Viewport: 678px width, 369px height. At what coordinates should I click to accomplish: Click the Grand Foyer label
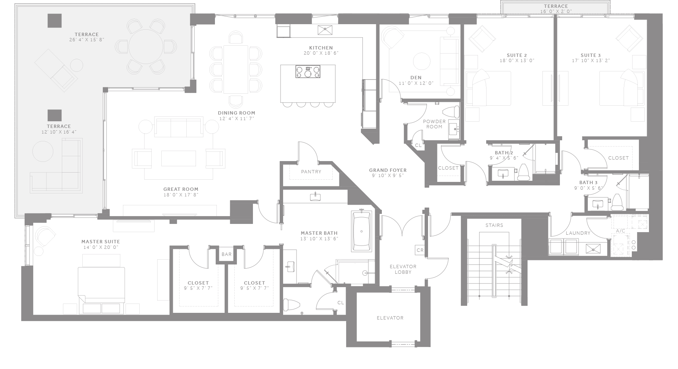coord(388,170)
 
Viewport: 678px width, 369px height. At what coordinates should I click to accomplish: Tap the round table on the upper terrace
coord(146,46)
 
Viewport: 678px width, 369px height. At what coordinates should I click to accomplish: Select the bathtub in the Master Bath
coord(361,231)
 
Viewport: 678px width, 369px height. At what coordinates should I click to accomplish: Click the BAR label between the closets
coord(226,254)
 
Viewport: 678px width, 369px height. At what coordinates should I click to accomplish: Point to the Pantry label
coord(311,172)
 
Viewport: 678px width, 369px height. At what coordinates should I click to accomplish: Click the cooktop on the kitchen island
coord(308,71)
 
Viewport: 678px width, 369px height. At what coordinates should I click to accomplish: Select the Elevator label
coord(390,318)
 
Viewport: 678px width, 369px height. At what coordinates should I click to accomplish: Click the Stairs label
coord(494,225)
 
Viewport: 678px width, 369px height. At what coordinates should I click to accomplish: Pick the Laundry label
coord(578,233)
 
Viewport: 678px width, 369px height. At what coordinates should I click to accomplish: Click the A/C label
coord(620,231)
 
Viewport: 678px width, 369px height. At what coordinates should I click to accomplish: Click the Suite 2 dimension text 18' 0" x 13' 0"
coord(516,61)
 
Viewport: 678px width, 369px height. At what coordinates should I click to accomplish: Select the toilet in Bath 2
coord(524,172)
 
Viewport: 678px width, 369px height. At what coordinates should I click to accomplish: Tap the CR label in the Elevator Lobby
coord(420,250)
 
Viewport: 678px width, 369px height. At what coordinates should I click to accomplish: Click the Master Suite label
coord(101,242)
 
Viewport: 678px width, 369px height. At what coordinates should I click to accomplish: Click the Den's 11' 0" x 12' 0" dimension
coord(416,83)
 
